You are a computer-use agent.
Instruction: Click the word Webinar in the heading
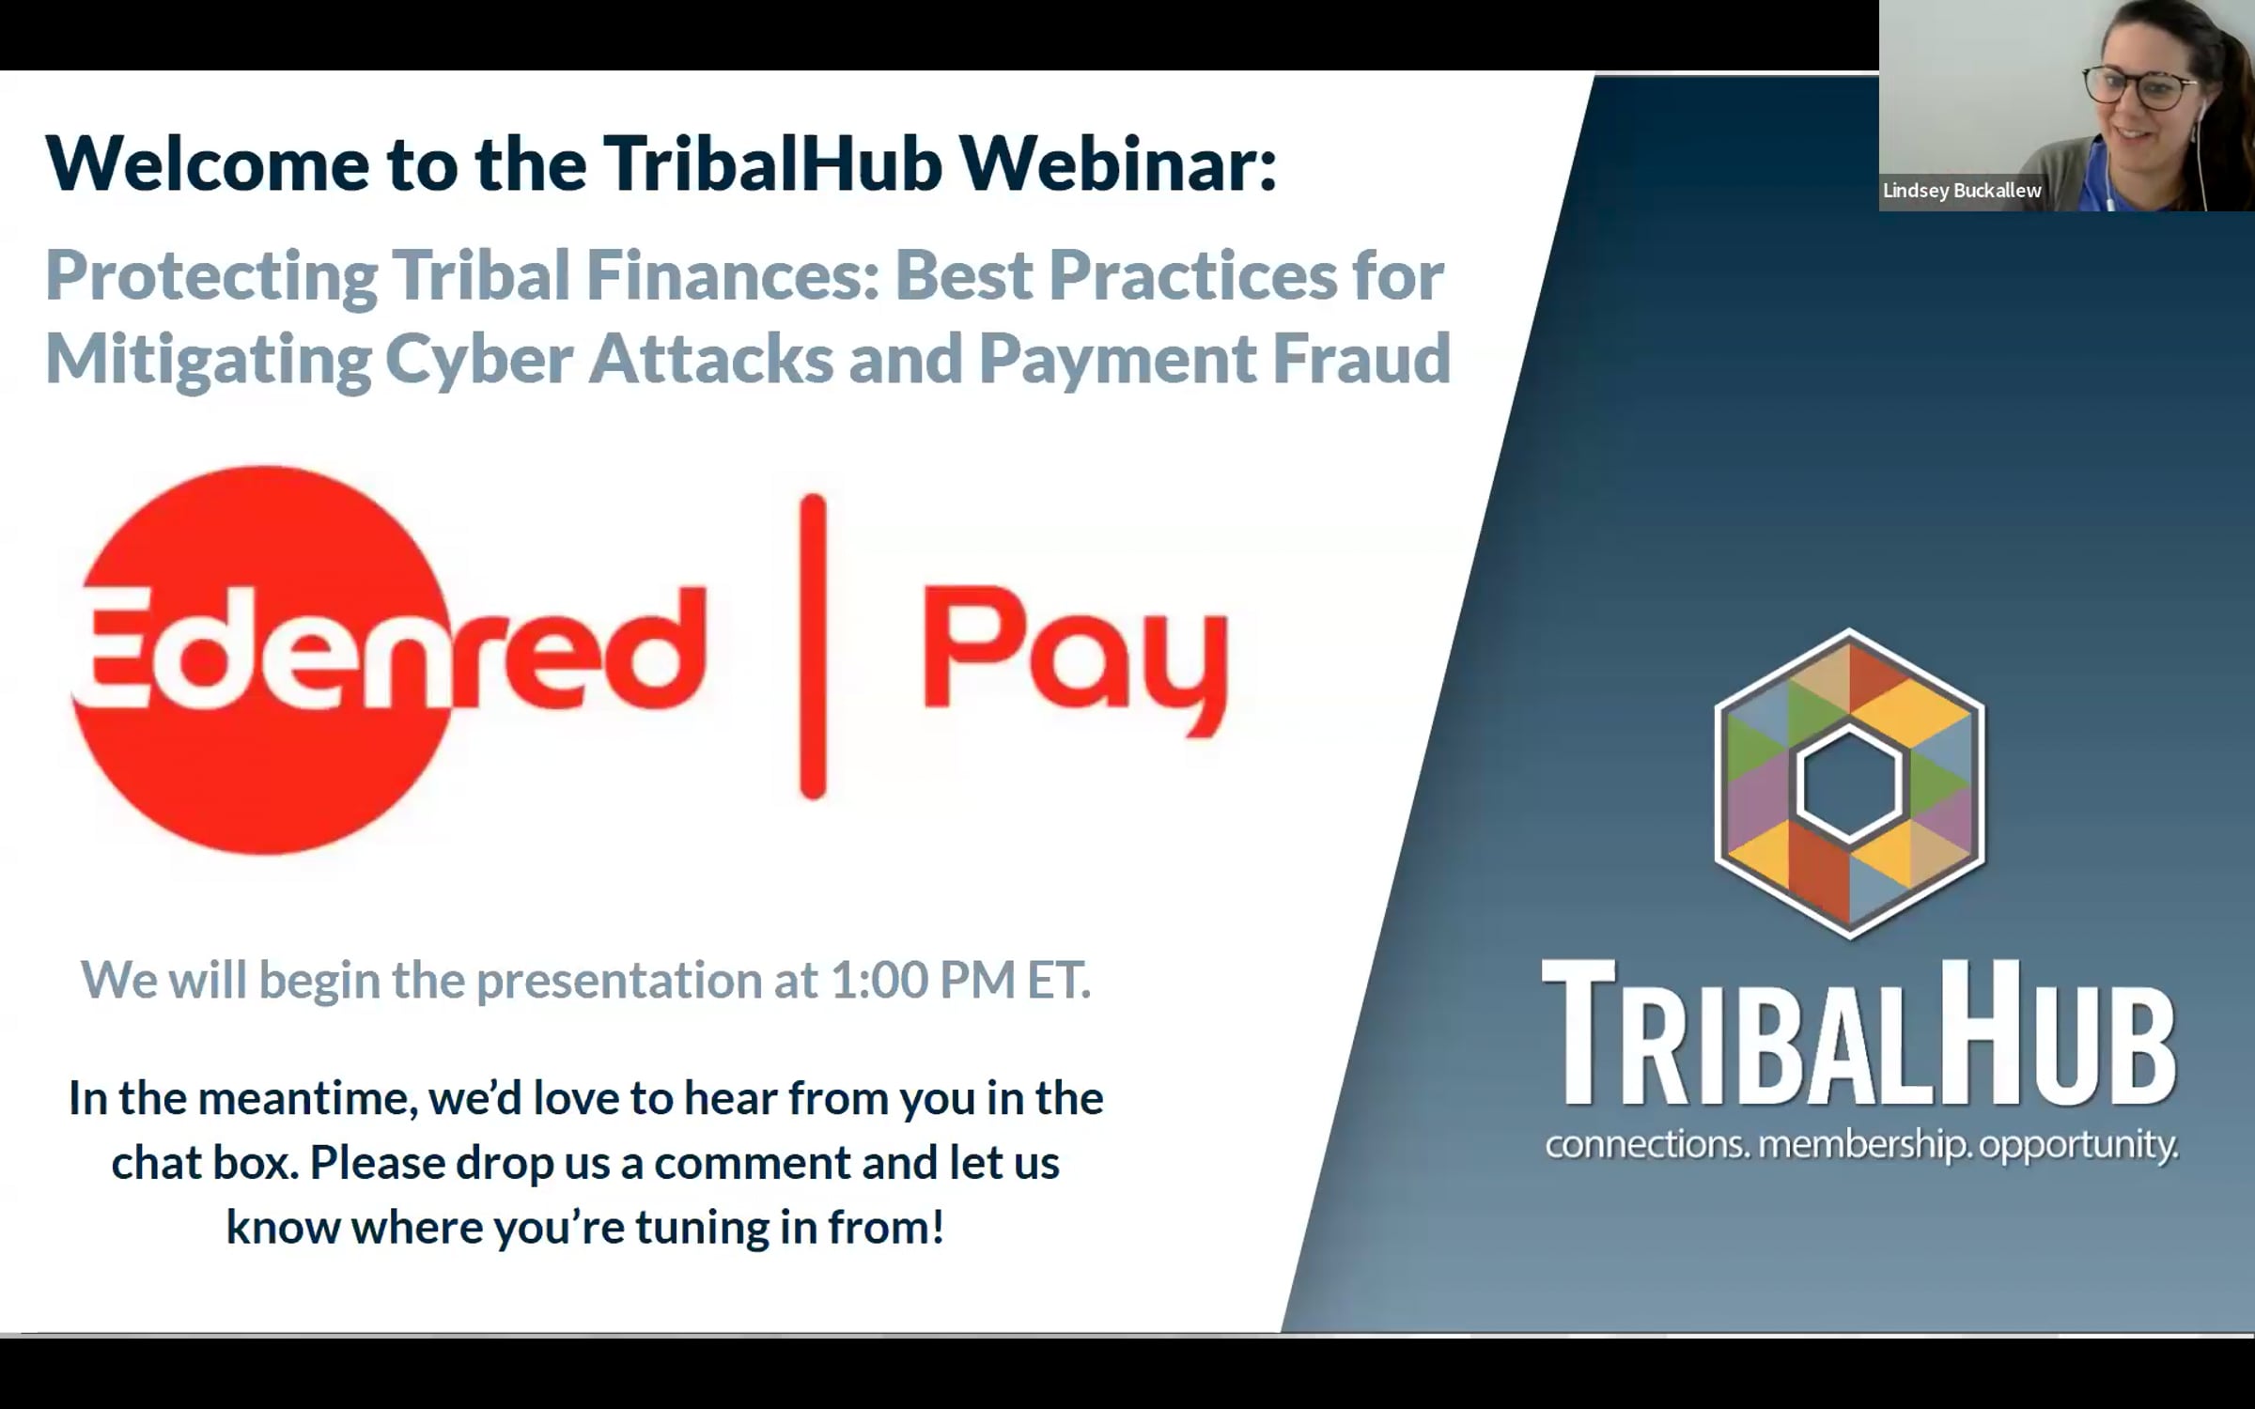click(x=1118, y=163)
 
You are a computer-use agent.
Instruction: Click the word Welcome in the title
click(x=208, y=163)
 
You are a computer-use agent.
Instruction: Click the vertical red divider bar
click(x=813, y=646)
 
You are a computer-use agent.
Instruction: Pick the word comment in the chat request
click(x=753, y=1163)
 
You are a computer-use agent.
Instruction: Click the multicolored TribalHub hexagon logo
click(x=1849, y=783)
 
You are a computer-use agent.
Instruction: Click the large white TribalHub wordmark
click(x=1858, y=1034)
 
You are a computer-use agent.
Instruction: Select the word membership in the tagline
click(x=1864, y=1145)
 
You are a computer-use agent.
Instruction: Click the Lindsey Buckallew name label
click(x=1962, y=191)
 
